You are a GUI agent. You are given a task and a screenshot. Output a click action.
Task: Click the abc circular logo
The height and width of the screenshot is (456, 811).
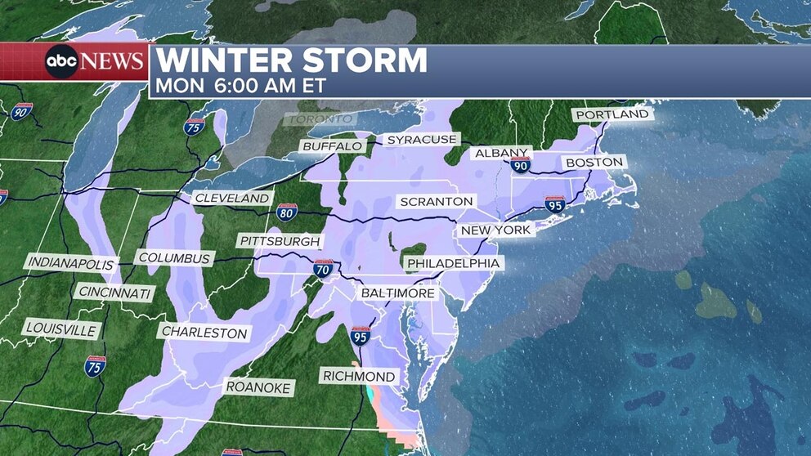pyautogui.click(x=61, y=62)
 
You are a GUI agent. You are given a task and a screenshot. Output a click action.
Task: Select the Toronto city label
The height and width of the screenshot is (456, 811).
pyautogui.click(x=320, y=119)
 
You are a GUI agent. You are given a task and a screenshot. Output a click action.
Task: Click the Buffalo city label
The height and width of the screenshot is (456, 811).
pyautogui.click(x=332, y=146)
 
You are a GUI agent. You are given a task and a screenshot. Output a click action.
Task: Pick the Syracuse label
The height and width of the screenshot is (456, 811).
pyautogui.click(x=421, y=140)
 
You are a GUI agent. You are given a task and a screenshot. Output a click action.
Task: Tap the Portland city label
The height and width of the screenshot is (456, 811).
pyautogui.click(x=612, y=114)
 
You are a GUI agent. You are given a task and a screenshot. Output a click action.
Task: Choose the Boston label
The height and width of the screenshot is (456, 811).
pyautogui.click(x=594, y=163)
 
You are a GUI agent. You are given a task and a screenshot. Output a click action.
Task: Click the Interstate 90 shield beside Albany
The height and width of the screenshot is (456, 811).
pyautogui.click(x=520, y=165)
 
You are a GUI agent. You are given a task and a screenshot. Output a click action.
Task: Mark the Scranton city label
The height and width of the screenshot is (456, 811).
pyautogui.click(x=436, y=201)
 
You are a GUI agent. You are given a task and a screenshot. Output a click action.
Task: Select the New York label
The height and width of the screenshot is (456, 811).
pyautogui.click(x=496, y=230)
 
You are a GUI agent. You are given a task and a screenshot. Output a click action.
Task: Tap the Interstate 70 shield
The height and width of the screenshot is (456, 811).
pyautogui.click(x=324, y=268)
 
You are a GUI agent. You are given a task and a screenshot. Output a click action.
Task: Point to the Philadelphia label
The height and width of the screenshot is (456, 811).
pyautogui.click(x=453, y=263)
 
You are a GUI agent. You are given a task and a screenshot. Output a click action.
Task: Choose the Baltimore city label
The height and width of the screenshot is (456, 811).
pyautogui.click(x=398, y=293)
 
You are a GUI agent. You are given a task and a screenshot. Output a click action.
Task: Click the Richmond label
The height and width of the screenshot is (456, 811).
pyautogui.click(x=360, y=377)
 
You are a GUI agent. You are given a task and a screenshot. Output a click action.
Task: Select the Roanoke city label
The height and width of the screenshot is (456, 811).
pyautogui.click(x=258, y=387)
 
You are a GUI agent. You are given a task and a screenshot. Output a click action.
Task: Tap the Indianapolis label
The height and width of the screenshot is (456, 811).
pyautogui.click(x=70, y=263)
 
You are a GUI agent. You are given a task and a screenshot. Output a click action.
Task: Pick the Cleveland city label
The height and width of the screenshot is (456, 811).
pyautogui.click(x=232, y=199)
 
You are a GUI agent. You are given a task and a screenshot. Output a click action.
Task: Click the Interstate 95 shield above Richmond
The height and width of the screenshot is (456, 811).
pyautogui.click(x=361, y=335)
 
